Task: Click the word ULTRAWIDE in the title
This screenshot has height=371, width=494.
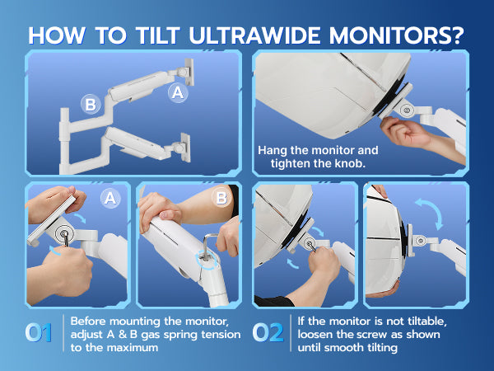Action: point(255,35)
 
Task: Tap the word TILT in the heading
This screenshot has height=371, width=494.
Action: point(158,35)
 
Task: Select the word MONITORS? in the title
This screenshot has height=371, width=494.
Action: point(397,35)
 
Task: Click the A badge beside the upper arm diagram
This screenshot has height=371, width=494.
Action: point(178,92)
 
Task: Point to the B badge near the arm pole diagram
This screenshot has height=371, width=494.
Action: point(91,105)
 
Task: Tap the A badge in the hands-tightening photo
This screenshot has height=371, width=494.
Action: point(110,199)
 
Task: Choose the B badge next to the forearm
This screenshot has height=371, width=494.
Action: point(221,199)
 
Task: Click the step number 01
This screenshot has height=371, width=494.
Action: point(39,333)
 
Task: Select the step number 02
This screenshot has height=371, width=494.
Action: point(268,333)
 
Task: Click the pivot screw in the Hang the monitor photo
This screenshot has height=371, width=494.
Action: point(406,110)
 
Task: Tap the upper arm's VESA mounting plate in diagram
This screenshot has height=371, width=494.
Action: point(189,72)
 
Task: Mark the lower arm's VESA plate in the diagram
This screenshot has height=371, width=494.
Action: point(185,148)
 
